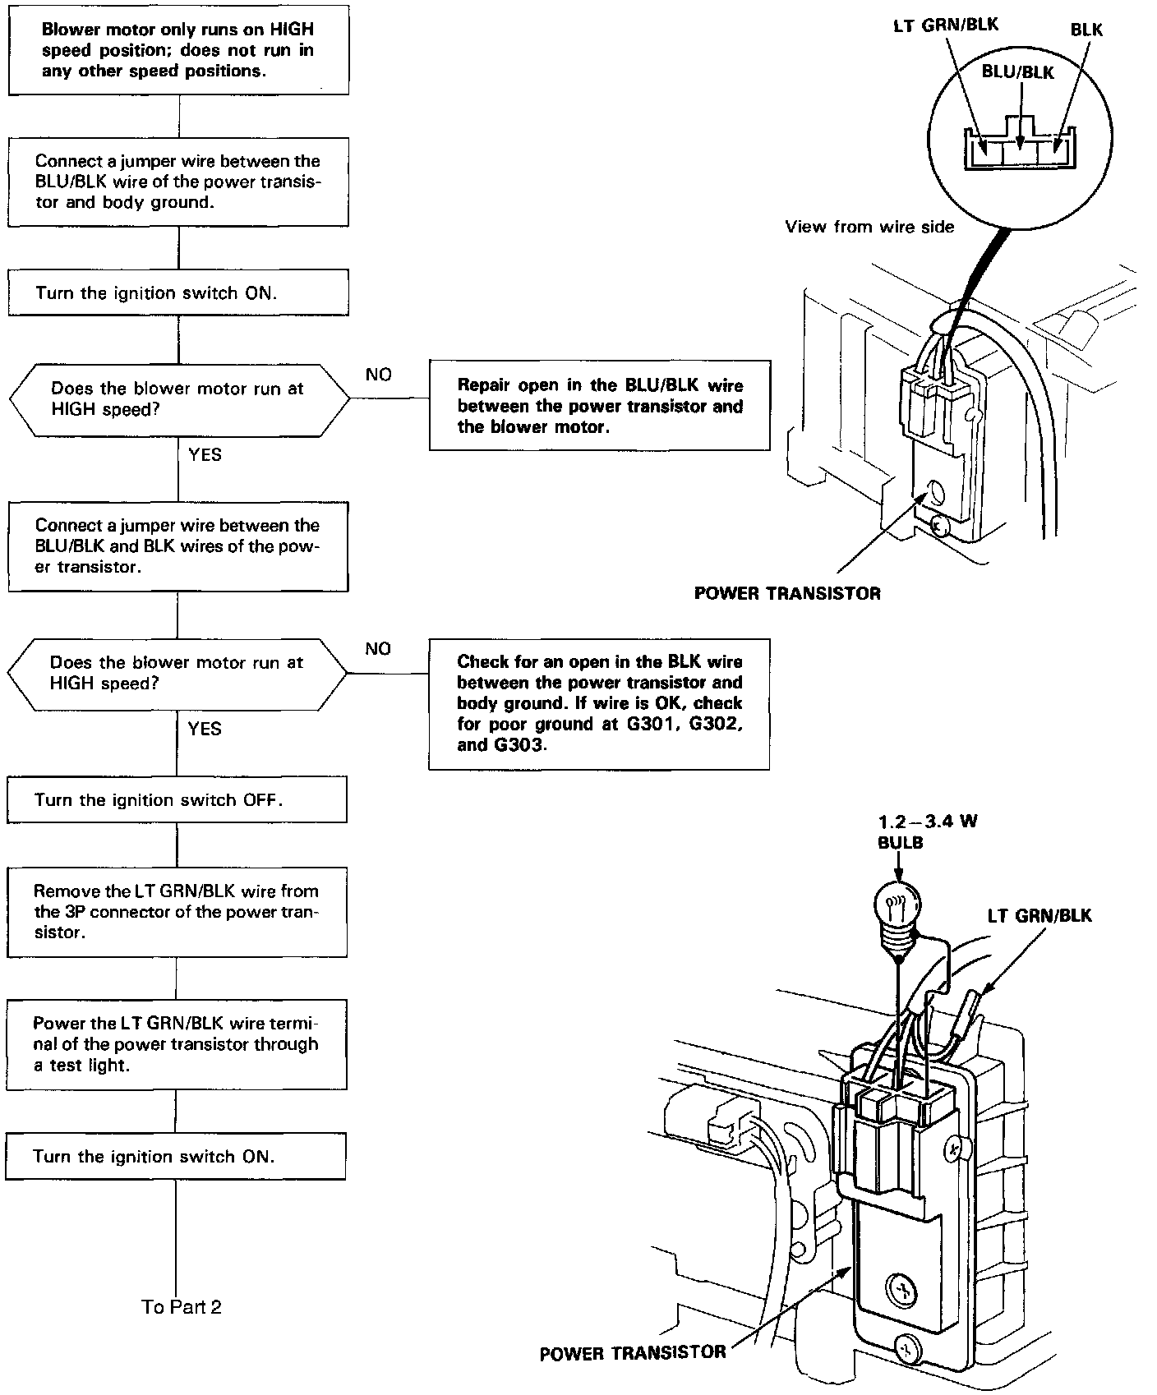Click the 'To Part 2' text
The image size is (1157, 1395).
pos(182,1307)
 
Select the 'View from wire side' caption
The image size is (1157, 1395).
pos(869,227)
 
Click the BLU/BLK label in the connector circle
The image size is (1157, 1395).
pos(1017,72)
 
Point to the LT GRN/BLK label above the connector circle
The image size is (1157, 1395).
pos(945,25)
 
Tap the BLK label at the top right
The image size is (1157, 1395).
pos(1086,30)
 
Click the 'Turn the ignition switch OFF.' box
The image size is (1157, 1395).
pos(177,800)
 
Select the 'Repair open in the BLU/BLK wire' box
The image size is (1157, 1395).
pos(599,406)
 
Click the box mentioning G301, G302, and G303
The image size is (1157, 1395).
pos(599,703)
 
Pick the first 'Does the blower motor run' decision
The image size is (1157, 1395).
pos(178,399)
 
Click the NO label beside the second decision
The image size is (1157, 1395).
pos(378,649)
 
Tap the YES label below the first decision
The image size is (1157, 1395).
pos(205,454)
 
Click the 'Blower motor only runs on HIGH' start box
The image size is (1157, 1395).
pos(178,50)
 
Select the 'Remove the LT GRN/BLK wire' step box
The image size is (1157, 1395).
pos(177,912)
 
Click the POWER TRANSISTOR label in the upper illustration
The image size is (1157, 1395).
pos(786,593)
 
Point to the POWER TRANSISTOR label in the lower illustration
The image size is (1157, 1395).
pos(633,1353)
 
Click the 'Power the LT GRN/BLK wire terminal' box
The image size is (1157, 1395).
pos(176,1044)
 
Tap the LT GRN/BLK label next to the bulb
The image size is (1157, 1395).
pos(1039,915)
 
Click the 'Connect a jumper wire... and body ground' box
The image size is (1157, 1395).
pos(178,182)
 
